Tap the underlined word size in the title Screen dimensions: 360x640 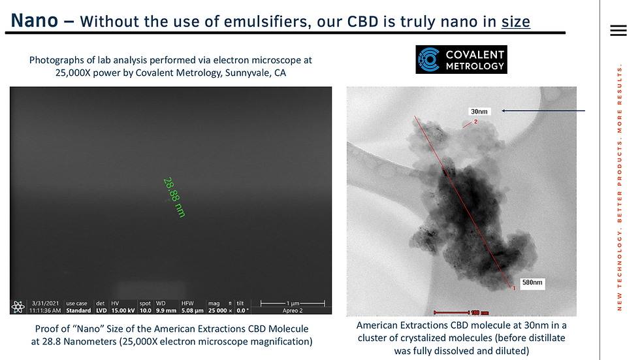pyautogui.click(x=515, y=22)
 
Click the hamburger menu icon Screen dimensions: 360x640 pyautogui.click(x=617, y=31)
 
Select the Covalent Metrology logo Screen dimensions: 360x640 pyautogui.click(x=462, y=58)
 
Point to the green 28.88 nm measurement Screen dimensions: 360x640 pyautogui.click(x=174, y=197)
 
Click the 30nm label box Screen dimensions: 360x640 pyautogui.click(x=479, y=111)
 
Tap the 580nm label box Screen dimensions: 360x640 pyautogui.click(x=532, y=283)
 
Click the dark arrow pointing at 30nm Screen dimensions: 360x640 pyautogui.click(x=549, y=111)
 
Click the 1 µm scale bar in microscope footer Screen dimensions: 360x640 pyautogui.click(x=291, y=304)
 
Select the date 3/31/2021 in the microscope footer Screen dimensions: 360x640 pyautogui.click(x=45, y=303)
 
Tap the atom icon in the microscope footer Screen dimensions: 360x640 pyautogui.click(x=18, y=306)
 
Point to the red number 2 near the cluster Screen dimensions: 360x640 pyautogui.click(x=475, y=122)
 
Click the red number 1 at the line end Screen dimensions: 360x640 pyautogui.click(x=514, y=287)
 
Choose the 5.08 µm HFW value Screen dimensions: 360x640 pyautogui.click(x=191, y=310)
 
